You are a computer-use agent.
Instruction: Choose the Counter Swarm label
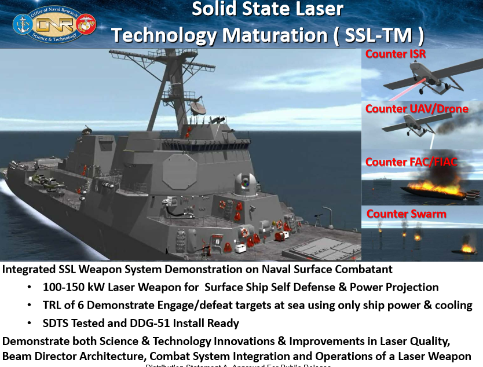406,214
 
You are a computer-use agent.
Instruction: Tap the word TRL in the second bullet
53,305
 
